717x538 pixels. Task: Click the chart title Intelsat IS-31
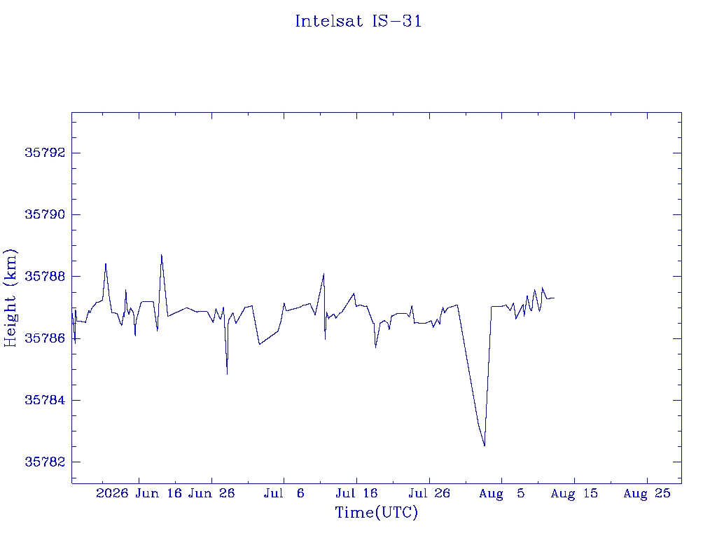click(358, 21)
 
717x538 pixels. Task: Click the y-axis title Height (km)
click(10, 298)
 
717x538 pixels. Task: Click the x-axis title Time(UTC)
click(376, 512)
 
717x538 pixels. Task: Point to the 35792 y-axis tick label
click(45, 153)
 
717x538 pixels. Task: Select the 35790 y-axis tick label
click(45, 214)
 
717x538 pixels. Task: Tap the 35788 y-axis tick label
click(45, 276)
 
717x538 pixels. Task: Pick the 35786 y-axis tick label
click(45, 338)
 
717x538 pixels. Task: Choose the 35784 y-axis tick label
click(45, 400)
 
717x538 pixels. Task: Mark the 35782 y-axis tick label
click(45, 462)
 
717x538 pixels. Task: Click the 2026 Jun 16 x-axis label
click(139, 493)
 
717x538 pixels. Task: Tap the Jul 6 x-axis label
click(284, 493)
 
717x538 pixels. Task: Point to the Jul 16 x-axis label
click(356, 493)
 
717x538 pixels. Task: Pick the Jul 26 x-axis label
click(429, 493)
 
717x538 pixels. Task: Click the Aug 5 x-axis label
click(501, 493)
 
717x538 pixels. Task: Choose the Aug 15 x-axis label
click(574, 493)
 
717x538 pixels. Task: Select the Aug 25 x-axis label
click(647, 493)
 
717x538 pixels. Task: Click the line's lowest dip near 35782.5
click(485, 446)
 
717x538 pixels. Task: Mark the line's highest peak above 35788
click(162, 255)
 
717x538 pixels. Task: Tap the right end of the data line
click(555, 298)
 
